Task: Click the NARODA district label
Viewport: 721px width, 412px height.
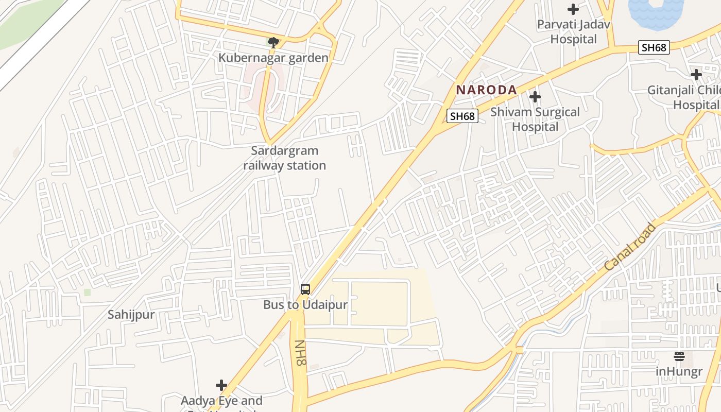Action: pos(486,90)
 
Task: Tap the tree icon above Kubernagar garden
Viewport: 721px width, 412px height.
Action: pos(273,42)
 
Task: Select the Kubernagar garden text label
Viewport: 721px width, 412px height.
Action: pos(273,58)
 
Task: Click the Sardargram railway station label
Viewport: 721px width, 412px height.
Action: pos(284,158)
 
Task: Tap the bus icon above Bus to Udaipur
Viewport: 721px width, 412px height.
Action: pos(305,289)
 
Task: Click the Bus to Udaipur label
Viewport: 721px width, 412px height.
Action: pos(305,304)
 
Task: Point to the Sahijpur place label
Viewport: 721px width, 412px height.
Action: pos(131,315)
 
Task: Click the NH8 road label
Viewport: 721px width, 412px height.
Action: pos(300,353)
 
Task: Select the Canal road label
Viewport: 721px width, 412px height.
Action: pos(630,247)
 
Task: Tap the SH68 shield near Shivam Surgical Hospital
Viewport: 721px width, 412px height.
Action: pos(462,116)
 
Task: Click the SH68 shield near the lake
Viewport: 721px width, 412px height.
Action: pos(654,47)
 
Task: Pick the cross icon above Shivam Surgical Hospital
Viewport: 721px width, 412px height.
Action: pos(535,96)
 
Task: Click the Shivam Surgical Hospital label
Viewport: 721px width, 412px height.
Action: pos(535,119)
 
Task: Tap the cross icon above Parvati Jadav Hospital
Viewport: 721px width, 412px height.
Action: pos(573,9)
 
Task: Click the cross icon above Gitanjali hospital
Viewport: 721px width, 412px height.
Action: pos(696,75)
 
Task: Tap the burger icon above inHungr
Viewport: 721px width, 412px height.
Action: pos(679,356)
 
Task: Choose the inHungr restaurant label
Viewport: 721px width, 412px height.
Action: pos(679,371)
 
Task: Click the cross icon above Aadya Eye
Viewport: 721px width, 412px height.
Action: pos(221,385)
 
